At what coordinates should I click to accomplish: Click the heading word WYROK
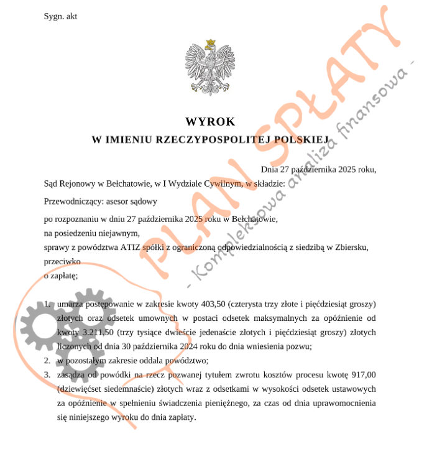tap(210, 122)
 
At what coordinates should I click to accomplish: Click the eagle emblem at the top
tap(210, 68)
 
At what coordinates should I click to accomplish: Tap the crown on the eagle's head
tap(210, 43)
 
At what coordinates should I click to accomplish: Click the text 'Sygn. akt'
tap(60, 16)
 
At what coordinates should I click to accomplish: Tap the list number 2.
tap(47, 360)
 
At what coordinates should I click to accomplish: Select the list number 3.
tap(47, 374)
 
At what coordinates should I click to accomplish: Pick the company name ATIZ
tap(131, 248)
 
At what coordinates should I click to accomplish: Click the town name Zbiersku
tap(352, 248)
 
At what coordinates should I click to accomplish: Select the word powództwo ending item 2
tap(186, 360)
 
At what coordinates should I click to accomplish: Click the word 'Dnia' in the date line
tap(270, 169)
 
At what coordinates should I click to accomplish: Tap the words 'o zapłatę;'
tap(61, 276)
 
